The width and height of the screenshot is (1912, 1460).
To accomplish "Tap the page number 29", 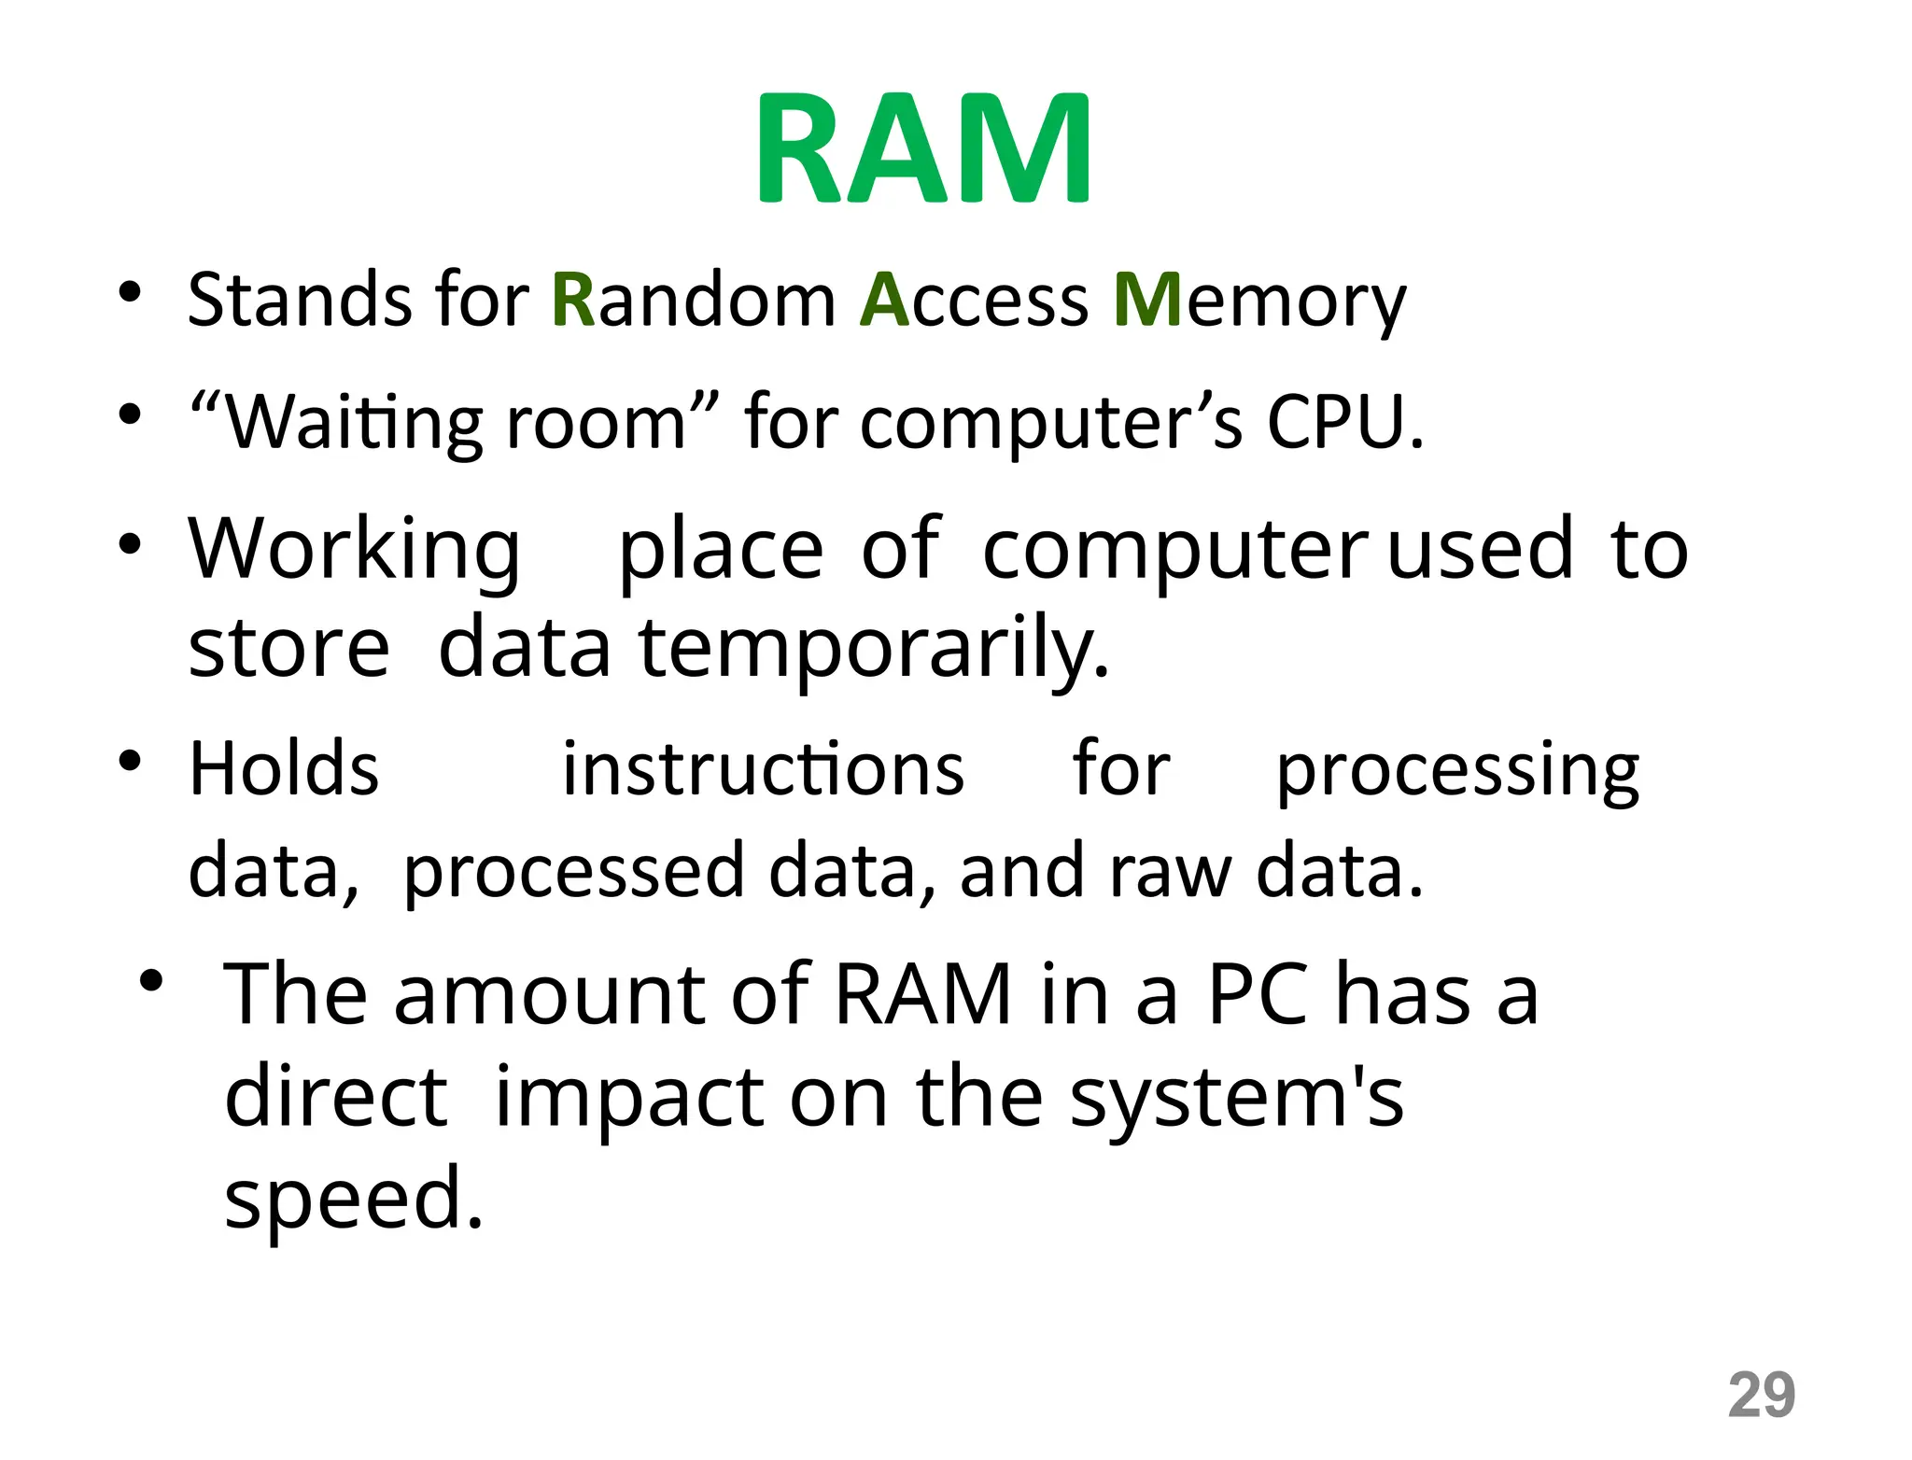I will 1761,1395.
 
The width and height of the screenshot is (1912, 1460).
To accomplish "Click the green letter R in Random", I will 573,300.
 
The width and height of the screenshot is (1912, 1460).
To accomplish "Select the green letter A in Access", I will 884,300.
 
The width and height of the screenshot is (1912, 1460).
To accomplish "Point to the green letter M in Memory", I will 1147,300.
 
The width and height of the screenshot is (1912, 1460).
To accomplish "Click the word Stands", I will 300,300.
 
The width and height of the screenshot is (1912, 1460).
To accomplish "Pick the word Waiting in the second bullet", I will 355,423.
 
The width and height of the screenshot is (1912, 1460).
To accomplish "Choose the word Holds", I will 284,769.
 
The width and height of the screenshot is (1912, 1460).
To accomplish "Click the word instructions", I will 763,769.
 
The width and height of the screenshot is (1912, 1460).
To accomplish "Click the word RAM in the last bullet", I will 922,994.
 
